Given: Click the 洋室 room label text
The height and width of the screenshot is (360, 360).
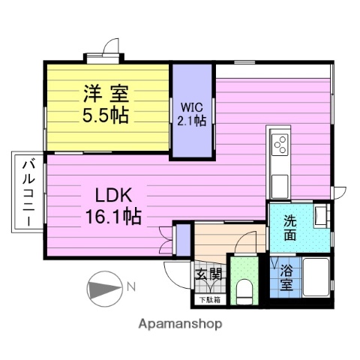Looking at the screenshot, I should (105, 94).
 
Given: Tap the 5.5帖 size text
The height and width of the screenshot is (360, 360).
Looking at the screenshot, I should (105, 115).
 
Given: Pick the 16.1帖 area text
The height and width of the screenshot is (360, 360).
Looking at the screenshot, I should (114, 217).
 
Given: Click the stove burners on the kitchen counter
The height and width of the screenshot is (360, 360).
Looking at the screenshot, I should (280, 143).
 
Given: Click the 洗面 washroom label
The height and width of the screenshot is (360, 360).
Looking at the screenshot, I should (289, 228).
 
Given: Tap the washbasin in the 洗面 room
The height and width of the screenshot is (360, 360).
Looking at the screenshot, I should (322, 215).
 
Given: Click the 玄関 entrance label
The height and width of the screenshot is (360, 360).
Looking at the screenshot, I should (209, 274).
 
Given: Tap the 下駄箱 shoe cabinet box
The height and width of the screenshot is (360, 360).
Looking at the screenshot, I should (209, 300).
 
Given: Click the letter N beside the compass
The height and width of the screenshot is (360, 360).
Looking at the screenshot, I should (130, 286).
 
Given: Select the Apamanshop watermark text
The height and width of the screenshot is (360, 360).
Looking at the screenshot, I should (180, 324).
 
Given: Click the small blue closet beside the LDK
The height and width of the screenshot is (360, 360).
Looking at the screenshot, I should (182, 237).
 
